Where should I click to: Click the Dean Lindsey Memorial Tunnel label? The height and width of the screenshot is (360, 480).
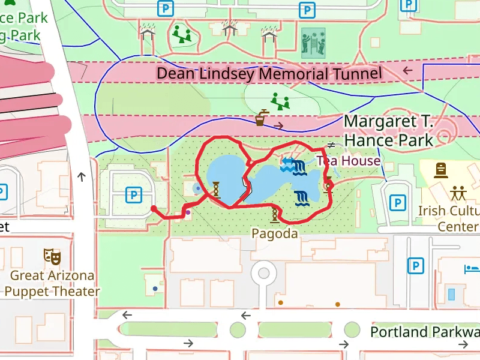pyautogui.click(x=269, y=74)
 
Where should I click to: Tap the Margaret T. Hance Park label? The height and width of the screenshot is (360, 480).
pyautogui.click(x=388, y=131)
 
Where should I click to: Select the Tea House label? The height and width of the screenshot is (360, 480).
pyautogui.click(x=349, y=161)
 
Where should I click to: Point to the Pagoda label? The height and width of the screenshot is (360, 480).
pyautogui.click(x=275, y=233)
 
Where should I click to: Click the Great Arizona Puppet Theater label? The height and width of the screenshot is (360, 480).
pyautogui.click(x=52, y=284)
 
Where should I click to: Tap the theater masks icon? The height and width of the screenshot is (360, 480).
pyautogui.click(x=52, y=257)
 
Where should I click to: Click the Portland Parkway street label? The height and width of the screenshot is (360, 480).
pyautogui.click(x=424, y=332)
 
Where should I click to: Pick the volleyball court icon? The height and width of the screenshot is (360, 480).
pyautogui.click(x=313, y=41)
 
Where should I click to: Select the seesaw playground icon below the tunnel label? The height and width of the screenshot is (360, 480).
pyautogui.click(x=280, y=101)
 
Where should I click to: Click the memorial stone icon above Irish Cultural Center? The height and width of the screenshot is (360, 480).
pyautogui.click(x=441, y=170)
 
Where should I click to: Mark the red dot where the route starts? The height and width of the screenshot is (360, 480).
pyautogui.click(x=154, y=209)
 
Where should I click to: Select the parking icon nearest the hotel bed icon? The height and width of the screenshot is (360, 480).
pyautogui.click(x=414, y=265)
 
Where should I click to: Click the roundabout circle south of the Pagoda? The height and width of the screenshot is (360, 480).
pyautogui.click(x=263, y=273)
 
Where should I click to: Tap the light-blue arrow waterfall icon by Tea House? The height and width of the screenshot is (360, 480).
pyautogui.click(x=287, y=164)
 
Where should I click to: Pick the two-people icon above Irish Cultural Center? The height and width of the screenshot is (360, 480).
pyautogui.click(x=459, y=193)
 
